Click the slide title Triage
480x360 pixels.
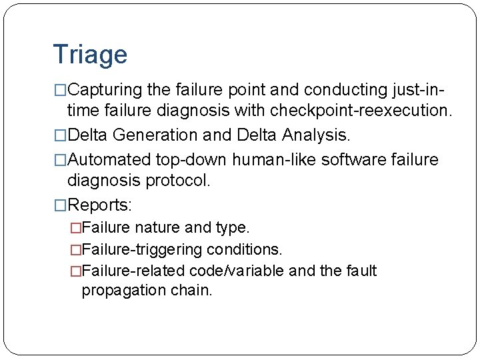pos(89,55)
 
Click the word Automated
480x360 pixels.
pos(109,160)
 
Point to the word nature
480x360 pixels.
pos(158,228)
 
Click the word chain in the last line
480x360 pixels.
pos(194,291)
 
